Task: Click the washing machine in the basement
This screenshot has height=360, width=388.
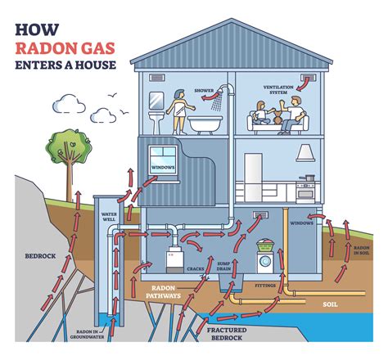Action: click(265, 263)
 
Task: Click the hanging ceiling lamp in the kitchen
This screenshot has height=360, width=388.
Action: click(305, 155)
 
